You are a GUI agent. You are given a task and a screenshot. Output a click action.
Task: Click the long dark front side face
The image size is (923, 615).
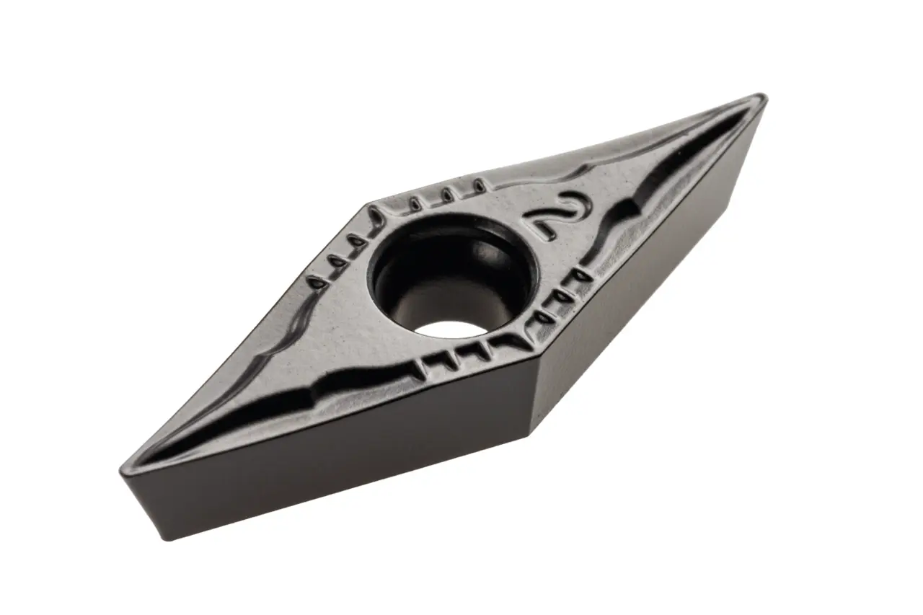[324, 454]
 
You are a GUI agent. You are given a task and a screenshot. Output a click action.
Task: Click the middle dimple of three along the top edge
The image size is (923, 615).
[447, 194]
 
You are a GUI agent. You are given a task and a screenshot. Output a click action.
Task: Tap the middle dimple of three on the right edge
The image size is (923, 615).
[562, 296]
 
